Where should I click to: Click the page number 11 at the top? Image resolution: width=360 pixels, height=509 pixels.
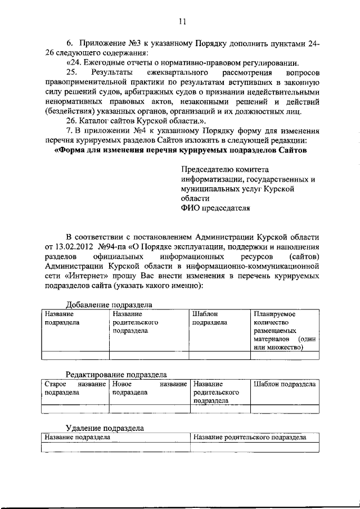pos(181,22)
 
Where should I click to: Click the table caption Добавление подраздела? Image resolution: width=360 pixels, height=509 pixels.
pos(110,304)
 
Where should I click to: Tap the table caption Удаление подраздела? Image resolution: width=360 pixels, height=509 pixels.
pos(104,428)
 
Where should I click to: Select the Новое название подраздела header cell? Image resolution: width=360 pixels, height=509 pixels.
pos(149,388)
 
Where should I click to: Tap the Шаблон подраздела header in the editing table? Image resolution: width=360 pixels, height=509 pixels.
pos(284,384)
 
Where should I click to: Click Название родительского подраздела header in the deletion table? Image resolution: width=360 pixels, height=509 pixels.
pos(249,436)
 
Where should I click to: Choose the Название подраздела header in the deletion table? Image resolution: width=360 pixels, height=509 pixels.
pos(78,436)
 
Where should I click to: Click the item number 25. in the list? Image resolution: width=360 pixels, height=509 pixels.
pos(72,73)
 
